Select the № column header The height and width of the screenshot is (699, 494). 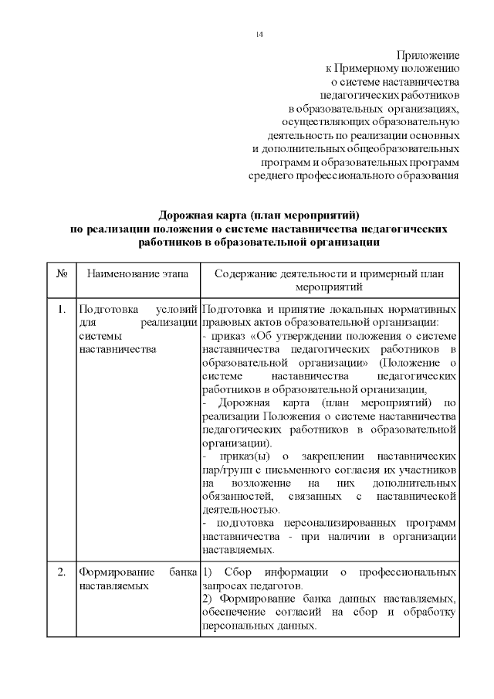pos(61,273)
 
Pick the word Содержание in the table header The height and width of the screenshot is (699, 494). pos(248,273)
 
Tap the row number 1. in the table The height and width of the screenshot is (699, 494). pos(61,309)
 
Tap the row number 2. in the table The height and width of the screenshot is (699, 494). pos(61,573)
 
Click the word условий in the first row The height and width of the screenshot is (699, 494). pos(177,309)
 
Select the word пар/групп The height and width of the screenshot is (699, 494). pos(225,470)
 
